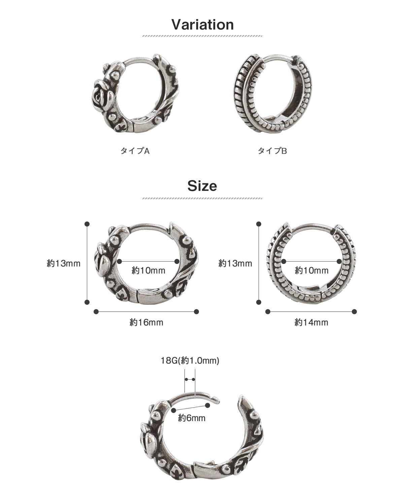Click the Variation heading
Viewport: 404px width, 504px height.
click(x=203, y=24)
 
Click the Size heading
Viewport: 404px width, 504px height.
click(x=202, y=186)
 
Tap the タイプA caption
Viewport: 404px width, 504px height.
click(x=135, y=151)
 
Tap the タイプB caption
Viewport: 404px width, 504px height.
click(x=272, y=151)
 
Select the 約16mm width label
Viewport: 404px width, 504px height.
click(x=146, y=323)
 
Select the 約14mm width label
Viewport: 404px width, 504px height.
click(x=311, y=323)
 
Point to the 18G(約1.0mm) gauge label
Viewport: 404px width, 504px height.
click(x=190, y=360)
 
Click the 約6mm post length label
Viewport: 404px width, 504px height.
click(x=192, y=418)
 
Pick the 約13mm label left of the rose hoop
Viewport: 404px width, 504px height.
click(x=64, y=264)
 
